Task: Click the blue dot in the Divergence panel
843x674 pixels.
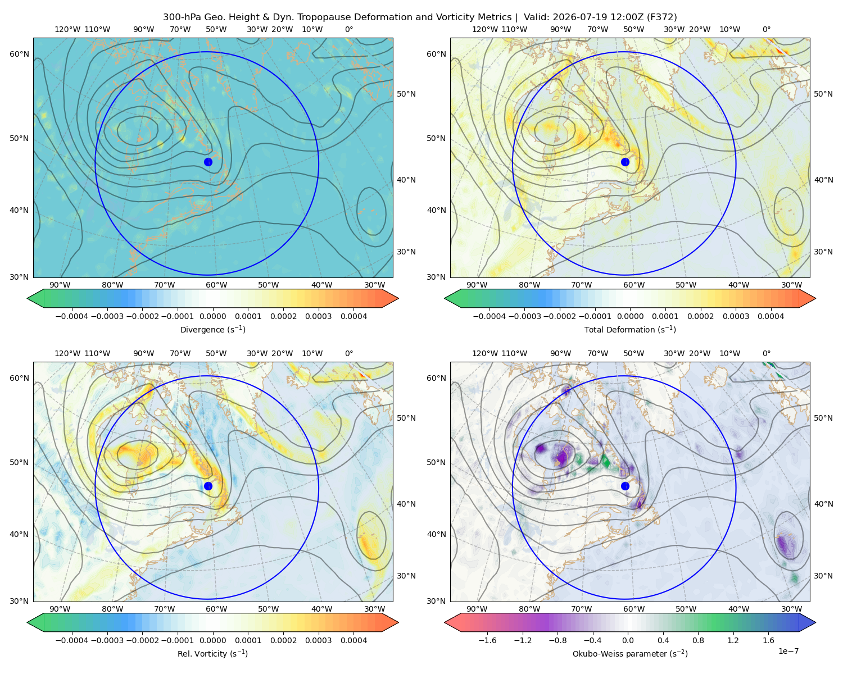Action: (x=208, y=162)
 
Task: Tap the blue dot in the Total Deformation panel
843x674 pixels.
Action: (x=625, y=162)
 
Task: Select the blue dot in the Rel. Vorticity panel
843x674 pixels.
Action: (x=208, y=486)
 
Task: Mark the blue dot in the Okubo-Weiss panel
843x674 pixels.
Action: (x=625, y=486)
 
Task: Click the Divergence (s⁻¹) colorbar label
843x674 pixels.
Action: (x=212, y=330)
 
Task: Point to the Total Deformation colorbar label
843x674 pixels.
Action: (x=630, y=330)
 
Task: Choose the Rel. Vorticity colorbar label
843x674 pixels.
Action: (x=212, y=654)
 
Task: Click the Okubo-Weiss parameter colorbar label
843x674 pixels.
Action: (x=630, y=654)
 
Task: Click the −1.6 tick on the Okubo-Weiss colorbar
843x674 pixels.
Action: (x=487, y=640)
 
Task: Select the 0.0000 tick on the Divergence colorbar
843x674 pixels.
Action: (x=212, y=316)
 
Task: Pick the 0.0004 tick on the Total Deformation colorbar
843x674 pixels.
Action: (x=771, y=316)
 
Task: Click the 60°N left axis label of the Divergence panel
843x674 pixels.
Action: (x=19, y=54)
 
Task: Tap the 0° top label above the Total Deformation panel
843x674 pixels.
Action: (x=767, y=29)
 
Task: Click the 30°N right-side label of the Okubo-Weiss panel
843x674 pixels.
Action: (x=823, y=576)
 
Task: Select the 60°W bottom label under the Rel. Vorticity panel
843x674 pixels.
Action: (x=216, y=609)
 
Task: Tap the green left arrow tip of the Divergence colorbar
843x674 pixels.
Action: (x=28, y=298)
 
